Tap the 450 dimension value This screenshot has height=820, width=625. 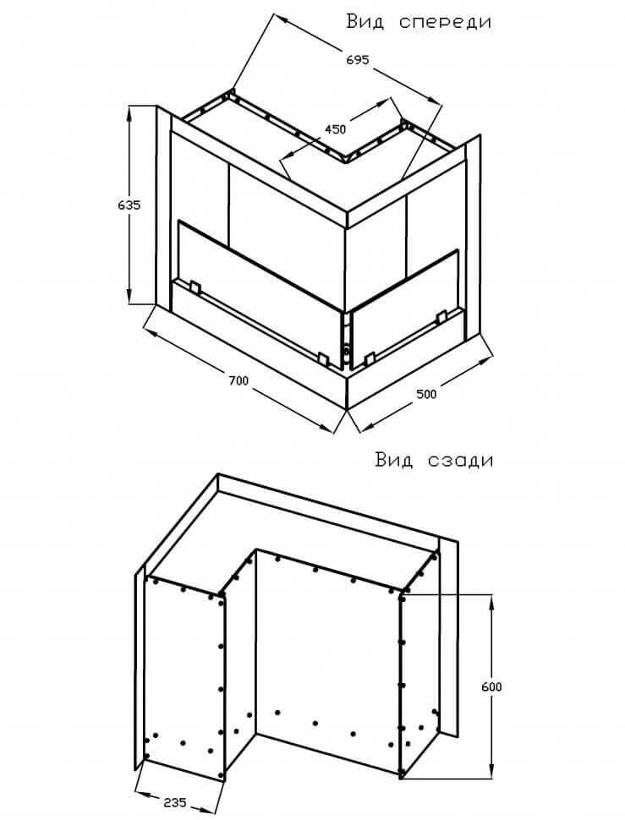[336, 129]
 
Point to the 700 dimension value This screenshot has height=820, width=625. [238, 381]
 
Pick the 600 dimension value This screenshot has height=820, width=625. [491, 686]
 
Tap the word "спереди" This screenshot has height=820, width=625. [445, 22]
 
